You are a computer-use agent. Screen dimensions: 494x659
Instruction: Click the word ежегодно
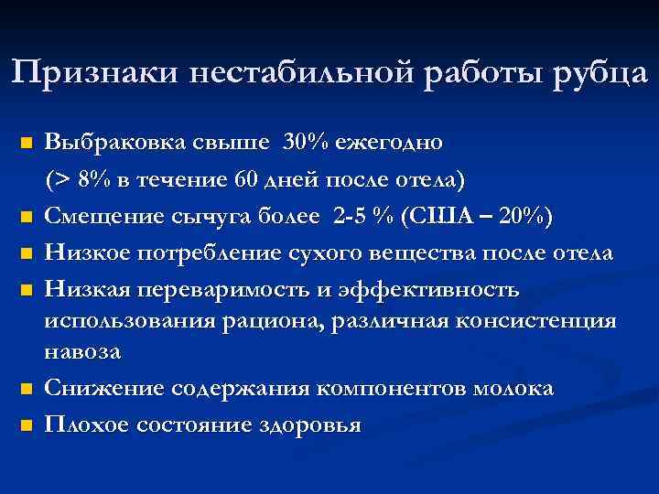pyautogui.click(x=389, y=144)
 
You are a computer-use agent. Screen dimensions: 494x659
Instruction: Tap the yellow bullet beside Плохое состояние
pyautogui.click(x=27, y=426)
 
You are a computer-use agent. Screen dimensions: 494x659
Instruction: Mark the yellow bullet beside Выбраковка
pyautogui.click(x=27, y=145)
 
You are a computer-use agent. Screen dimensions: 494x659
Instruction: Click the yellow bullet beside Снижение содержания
pyautogui.click(x=27, y=389)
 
